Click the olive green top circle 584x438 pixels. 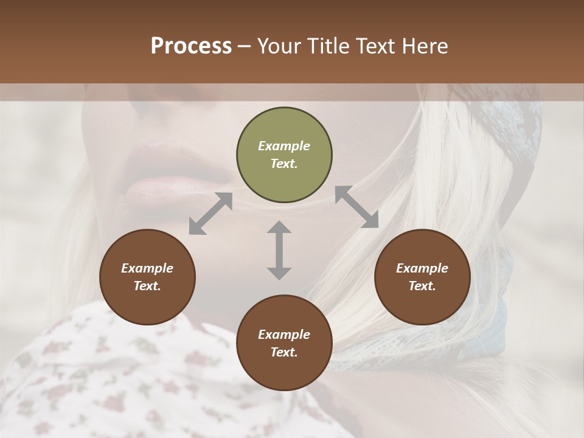tap(284, 155)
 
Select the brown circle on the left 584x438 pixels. tap(147, 277)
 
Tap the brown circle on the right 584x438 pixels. tap(422, 277)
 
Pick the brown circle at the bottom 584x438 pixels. tap(284, 343)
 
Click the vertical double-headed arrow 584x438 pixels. tap(279, 250)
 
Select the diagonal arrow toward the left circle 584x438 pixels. tap(210, 214)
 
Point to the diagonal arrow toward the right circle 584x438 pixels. tap(356, 207)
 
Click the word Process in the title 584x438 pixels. tap(191, 46)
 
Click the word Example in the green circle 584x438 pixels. tap(284, 146)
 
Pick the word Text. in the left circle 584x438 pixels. tap(147, 286)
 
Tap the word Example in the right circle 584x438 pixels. tap(422, 268)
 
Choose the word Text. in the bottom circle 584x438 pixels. tap(284, 352)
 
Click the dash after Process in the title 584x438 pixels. tap(245, 46)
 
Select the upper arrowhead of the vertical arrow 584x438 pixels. tap(279, 228)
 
